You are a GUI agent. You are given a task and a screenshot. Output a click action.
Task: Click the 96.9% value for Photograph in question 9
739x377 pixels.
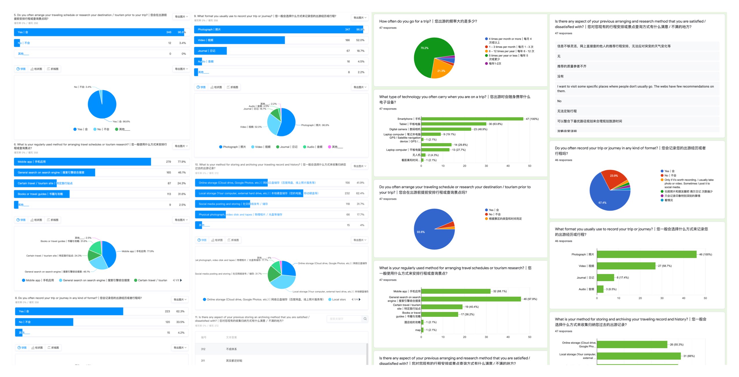pyautogui.click(x=360, y=29)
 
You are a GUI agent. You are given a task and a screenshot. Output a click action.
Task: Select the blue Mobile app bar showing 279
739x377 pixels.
pyautogui.click(x=82, y=162)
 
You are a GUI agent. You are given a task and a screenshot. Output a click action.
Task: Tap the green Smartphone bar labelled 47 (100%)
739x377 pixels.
pyautogui.click(x=472, y=119)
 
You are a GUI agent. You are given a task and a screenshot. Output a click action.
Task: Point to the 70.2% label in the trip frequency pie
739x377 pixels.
pyautogui.click(x=424, y=48)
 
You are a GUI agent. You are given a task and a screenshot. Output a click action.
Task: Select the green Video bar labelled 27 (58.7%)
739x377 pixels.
pyautogui.click(x=626, y=266)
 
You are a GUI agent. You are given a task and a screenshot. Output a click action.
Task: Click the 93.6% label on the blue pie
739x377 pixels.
pyautogui.click(x=421, y=232)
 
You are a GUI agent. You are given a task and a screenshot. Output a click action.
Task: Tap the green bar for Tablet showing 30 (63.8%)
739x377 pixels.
pyautogui.click(x=454, y=124)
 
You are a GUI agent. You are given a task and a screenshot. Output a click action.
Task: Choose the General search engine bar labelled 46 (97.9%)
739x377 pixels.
pyautogui.click(x=471, y=299)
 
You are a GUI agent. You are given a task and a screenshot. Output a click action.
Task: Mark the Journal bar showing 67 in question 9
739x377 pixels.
pyautogui.click(x=210, y=51)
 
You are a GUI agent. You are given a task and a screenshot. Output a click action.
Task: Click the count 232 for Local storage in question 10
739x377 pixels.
pyautogui.click(x=347, y=193)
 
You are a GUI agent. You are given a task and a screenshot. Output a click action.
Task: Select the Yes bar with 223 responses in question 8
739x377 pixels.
pyautogui.click(x=69, y=311)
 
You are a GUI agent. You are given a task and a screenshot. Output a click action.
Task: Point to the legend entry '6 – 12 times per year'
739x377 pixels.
pyautogui.click(x=510, y=51)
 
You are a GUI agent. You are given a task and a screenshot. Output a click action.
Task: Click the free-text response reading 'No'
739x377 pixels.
pyautogui.click(x=559, y=101)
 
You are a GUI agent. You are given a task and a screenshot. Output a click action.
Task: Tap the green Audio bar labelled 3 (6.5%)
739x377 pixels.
pyautogui.click(x=600, y=289)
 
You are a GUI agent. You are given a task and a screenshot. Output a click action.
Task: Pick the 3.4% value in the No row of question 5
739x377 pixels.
pyautogui.click(x=182, y=43)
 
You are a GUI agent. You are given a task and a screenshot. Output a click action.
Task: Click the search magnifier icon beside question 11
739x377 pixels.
pyautogui.click(x=365, y=319)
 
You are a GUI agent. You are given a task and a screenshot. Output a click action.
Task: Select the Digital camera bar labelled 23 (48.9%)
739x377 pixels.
pyautogui.click(x=446, y=129)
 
